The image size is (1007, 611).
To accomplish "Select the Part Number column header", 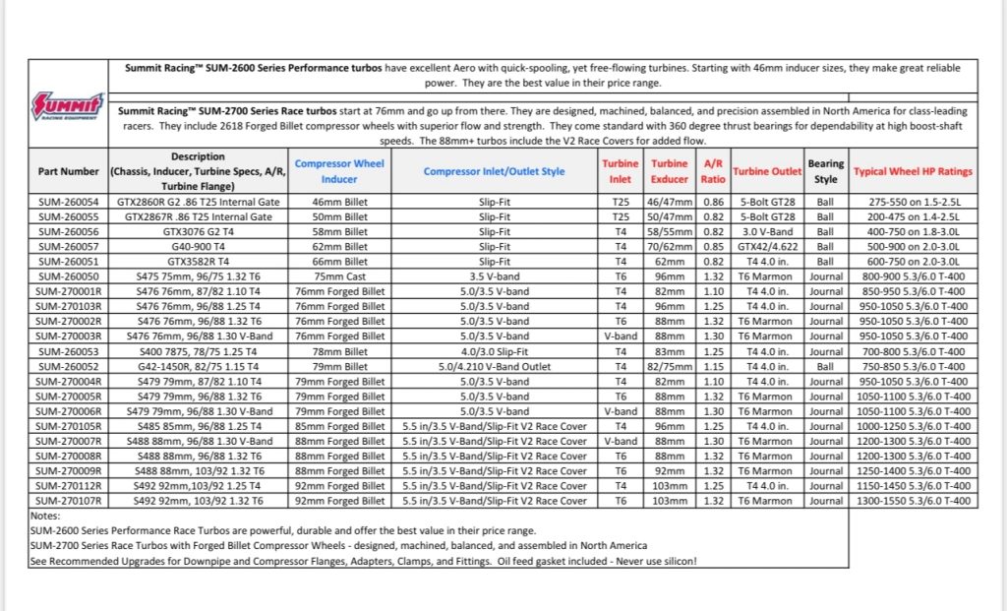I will point(68,171).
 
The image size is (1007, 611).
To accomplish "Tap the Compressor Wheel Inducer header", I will point(339,171).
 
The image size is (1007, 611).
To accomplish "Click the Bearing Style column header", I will point(825,171).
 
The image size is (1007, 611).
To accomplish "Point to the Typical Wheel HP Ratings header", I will point(913,171).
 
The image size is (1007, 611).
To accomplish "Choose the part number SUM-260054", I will point(68,200).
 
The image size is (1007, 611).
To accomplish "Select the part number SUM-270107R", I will point(68,501).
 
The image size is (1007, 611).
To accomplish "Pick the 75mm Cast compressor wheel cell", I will point(339,277).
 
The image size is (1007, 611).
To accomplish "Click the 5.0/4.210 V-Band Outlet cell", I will point(495,365).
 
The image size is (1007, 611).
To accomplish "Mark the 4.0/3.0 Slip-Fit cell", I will point(495,351).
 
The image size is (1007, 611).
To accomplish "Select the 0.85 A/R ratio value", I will point(713,247).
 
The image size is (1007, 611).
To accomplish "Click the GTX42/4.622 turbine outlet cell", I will point(767,247).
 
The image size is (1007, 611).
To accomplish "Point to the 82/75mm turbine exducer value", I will point(670,365).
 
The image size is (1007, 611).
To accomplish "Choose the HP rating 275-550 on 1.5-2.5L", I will point(913,200).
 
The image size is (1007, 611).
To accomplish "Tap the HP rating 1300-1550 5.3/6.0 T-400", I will point(913,501).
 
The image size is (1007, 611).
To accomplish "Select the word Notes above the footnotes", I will point(45,516).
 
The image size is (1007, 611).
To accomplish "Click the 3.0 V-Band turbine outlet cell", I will point(767,231).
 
